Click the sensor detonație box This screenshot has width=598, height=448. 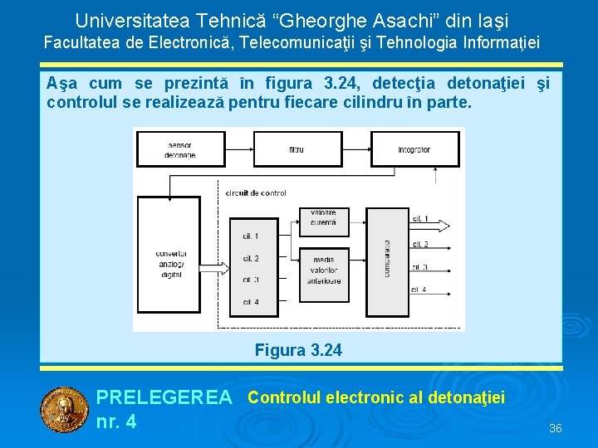179,149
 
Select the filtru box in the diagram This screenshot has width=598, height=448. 296,149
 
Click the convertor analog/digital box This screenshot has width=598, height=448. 170,265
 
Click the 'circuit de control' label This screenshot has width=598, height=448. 256,192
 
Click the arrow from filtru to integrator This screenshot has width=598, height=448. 352,149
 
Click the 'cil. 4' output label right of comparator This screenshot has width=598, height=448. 419,289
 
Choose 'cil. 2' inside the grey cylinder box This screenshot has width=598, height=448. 251,258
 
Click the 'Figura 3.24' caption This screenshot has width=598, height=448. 297,350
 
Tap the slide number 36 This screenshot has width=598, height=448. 556,428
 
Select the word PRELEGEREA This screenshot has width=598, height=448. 164,398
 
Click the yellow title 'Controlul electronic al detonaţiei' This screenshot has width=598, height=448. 375,397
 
